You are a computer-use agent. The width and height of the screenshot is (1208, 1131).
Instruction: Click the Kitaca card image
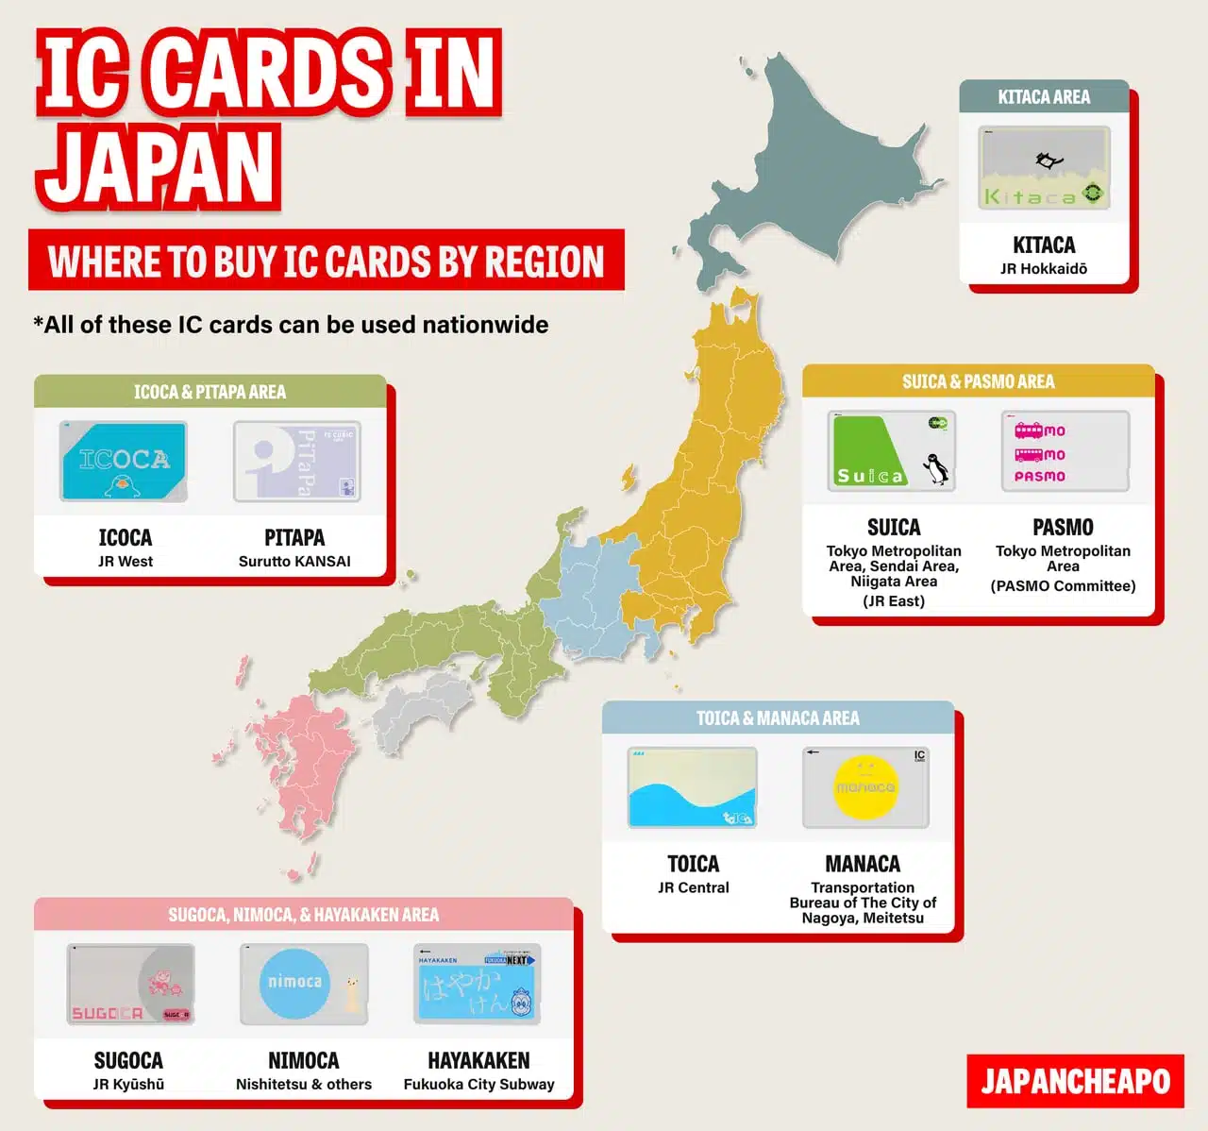1044,168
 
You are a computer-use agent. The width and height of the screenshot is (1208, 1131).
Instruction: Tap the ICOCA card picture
124,461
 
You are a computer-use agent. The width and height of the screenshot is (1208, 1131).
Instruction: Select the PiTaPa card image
296,462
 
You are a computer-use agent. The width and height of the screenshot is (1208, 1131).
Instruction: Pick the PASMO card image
1065,451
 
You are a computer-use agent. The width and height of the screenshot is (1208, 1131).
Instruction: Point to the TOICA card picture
693,787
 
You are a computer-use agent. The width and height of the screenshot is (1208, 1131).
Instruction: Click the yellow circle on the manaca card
864,786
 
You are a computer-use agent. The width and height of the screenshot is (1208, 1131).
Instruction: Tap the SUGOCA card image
130,984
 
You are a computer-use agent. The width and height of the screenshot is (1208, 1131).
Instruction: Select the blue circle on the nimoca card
294,982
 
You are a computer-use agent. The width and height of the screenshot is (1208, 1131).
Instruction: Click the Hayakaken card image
478,984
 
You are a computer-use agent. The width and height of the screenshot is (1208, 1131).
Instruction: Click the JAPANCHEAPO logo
1075,1081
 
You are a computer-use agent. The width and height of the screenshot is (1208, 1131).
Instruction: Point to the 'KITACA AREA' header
1044,97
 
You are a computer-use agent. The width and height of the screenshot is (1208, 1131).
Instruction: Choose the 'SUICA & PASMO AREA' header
978,381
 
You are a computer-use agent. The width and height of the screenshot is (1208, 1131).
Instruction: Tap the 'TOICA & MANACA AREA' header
778,718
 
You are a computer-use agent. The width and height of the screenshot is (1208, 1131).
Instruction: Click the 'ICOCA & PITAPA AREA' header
210,392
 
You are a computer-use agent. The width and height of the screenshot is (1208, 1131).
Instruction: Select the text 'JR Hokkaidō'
1044,269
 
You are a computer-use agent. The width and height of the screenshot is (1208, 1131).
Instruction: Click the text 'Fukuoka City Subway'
478,1085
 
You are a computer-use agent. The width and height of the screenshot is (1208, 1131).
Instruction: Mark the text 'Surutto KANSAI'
294,562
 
